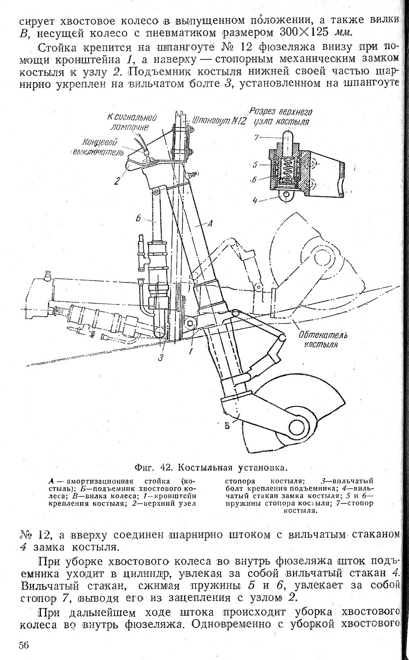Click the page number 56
pyautogui.click(x=24, y=645)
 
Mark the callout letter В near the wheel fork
pyautogui.click(x=227, y=426)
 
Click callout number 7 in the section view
pyautogui.click(x=256, y=137)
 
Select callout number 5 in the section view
pyautogui.click(x=255, y=166)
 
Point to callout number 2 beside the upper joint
pyautogui.click(x=117, y=180)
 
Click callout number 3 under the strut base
pyautogui.click(x=161, y=357)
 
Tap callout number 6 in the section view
pyautogui.click(x=255, y=180)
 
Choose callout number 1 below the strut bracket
pyautogui.click(x=191, y=352)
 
